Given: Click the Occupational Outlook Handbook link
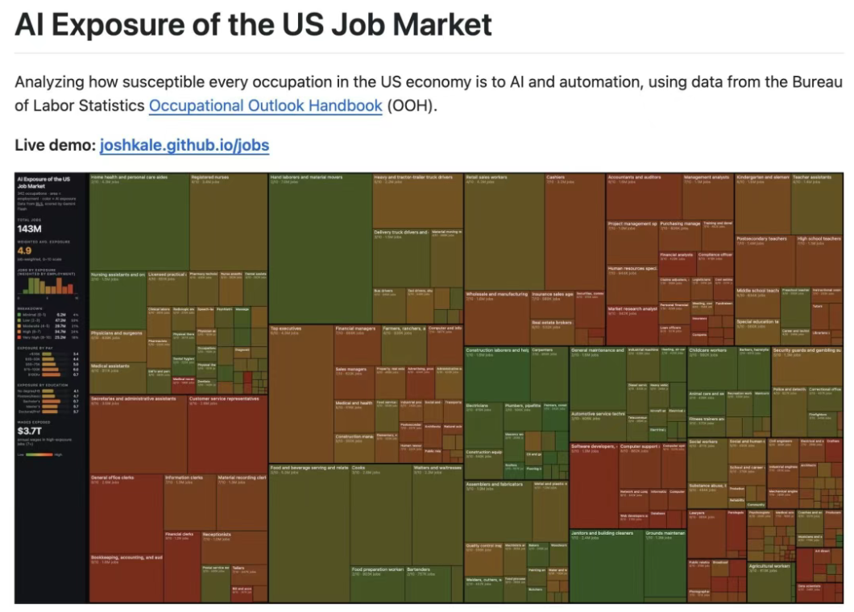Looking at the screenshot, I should coord(265,105).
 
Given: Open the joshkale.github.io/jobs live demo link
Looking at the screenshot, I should coord(184,146).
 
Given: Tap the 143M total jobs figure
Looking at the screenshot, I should coord(29,229).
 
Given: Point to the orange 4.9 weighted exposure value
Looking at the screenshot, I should coord(24,250).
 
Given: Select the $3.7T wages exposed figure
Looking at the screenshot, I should coord(29,431).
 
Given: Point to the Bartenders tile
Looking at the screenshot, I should coord(428,584).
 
